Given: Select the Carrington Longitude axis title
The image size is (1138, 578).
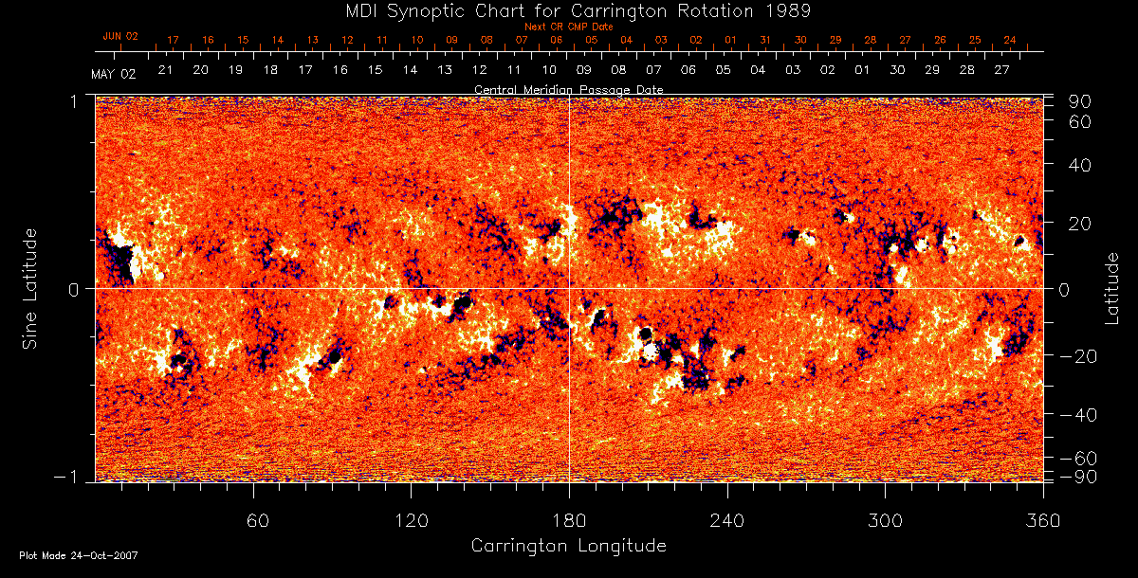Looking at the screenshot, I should (x=568, y=546).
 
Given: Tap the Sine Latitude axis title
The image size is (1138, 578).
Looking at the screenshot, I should (x=30, y=288).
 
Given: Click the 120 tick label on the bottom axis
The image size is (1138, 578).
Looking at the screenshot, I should (x=411, y=519).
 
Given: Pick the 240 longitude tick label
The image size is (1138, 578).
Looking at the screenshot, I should (x=727, y=519).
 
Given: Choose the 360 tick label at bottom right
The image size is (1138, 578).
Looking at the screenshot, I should (x=1043, y=519).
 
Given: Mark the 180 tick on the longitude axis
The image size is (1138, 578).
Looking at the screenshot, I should (x=569, y=519).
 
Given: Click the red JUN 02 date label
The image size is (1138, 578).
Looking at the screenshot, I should (x=120, y=36).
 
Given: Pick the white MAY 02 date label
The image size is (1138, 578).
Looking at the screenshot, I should (x=114, y=74).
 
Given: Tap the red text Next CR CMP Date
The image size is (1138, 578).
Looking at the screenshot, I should (x=568, y=27).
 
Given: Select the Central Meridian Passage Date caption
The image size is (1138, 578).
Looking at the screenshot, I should (x=568, y=89).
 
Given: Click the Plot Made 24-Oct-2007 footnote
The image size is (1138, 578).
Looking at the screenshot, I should (x=79, y=555).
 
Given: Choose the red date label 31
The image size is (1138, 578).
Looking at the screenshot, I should (x=765, y=41).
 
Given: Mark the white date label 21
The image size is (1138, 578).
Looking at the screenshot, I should (x=165, y=70).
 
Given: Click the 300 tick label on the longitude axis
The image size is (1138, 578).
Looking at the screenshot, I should (x=885, y=519).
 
